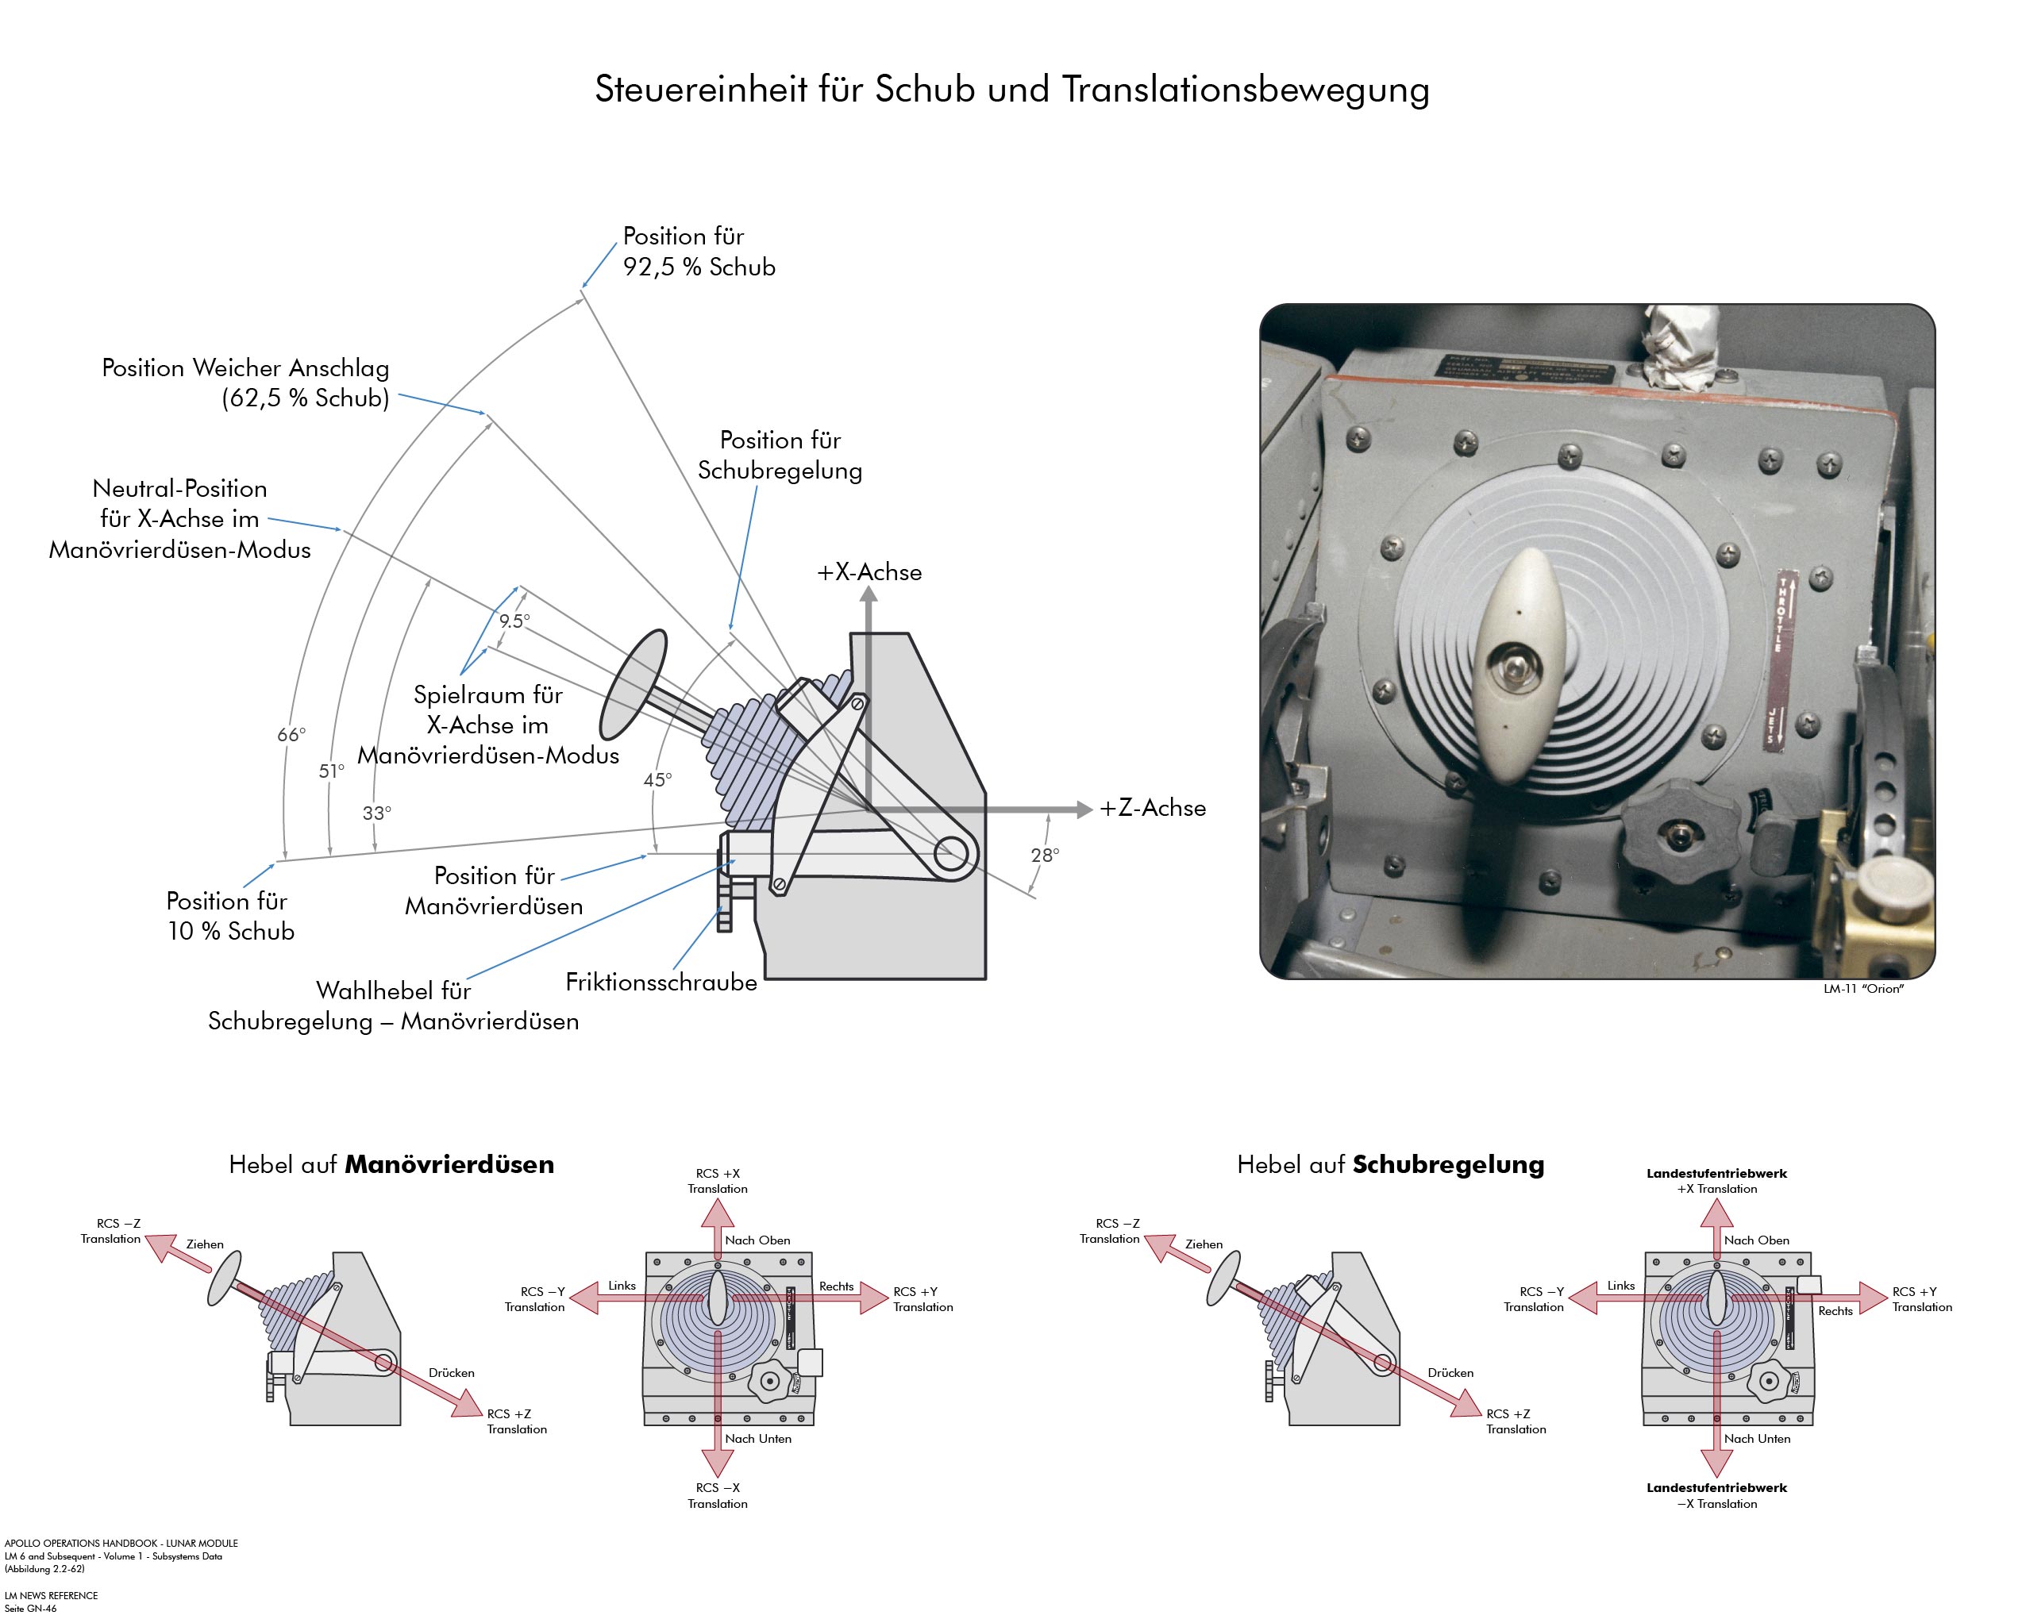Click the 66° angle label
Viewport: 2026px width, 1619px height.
pos(291,735)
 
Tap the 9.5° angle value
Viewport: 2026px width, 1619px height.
pos(514,621)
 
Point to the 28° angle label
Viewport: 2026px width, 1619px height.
pos(1044,855)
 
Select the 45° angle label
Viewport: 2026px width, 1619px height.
pos(657,780)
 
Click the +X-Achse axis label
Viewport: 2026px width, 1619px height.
pos(869,572)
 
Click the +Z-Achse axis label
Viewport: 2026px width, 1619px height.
pos(1152,808)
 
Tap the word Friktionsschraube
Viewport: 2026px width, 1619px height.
pos(661,983)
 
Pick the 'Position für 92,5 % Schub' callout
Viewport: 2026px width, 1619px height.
pos(698,252)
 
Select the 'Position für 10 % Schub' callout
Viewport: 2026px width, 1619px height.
pos(230,916)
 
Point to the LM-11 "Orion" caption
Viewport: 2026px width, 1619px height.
pos(1862,990)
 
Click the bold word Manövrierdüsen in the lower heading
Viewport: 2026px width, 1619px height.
pos(449,1165)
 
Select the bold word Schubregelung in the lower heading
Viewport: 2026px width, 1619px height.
pos(1447,1165)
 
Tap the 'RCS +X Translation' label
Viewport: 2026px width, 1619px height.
pos(717,1181)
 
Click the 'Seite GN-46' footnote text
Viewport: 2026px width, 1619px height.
pos(31,1609)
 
